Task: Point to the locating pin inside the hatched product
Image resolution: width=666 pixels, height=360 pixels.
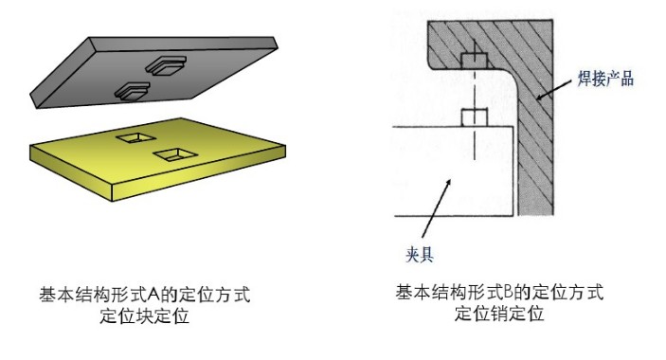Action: pos(472,59)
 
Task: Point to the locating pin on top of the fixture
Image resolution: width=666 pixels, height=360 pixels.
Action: pos(473,118)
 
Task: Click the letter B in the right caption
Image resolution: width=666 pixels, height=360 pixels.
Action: pos(506,293)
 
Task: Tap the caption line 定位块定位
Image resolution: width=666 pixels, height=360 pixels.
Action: pos(145,317)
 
